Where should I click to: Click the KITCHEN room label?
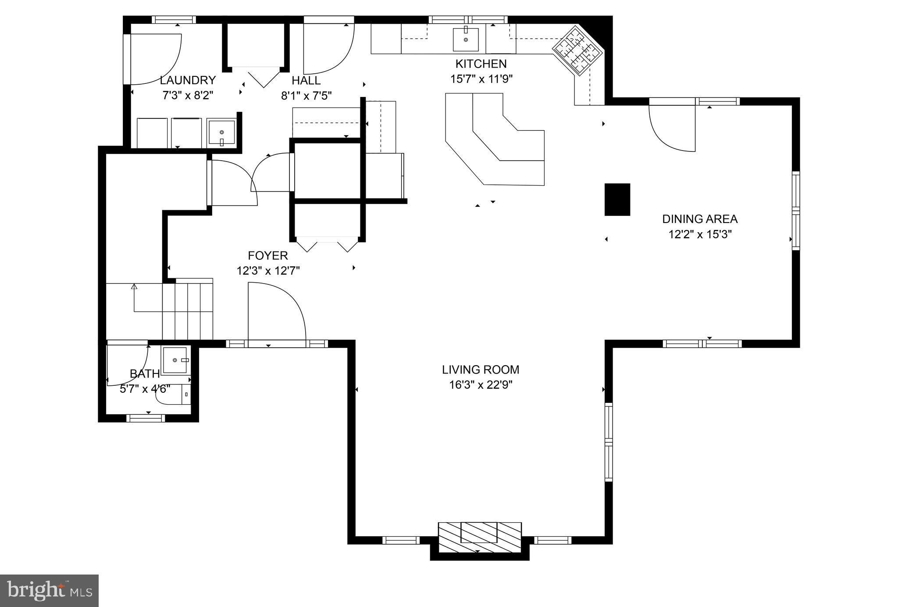tap(481, 64)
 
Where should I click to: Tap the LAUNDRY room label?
tap(188, 80)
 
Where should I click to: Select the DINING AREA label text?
tap(700, 219)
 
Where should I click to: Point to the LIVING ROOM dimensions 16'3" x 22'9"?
tap(481, 385)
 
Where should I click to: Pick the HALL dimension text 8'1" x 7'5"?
tap(306, 96)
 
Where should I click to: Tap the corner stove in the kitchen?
tap(578, 50)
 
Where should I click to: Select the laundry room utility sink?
tap(221, 132)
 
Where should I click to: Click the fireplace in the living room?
tap(480, 538)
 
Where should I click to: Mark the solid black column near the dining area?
tap(617, 200)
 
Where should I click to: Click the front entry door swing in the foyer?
tap(277, 312)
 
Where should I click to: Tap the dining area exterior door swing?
tap(672, 128)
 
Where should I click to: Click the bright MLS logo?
tap(49, 591)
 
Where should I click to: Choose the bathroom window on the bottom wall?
tap(146, 418)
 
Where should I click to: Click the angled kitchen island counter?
tap(495, 139)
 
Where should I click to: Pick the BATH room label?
tap(145, 374)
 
